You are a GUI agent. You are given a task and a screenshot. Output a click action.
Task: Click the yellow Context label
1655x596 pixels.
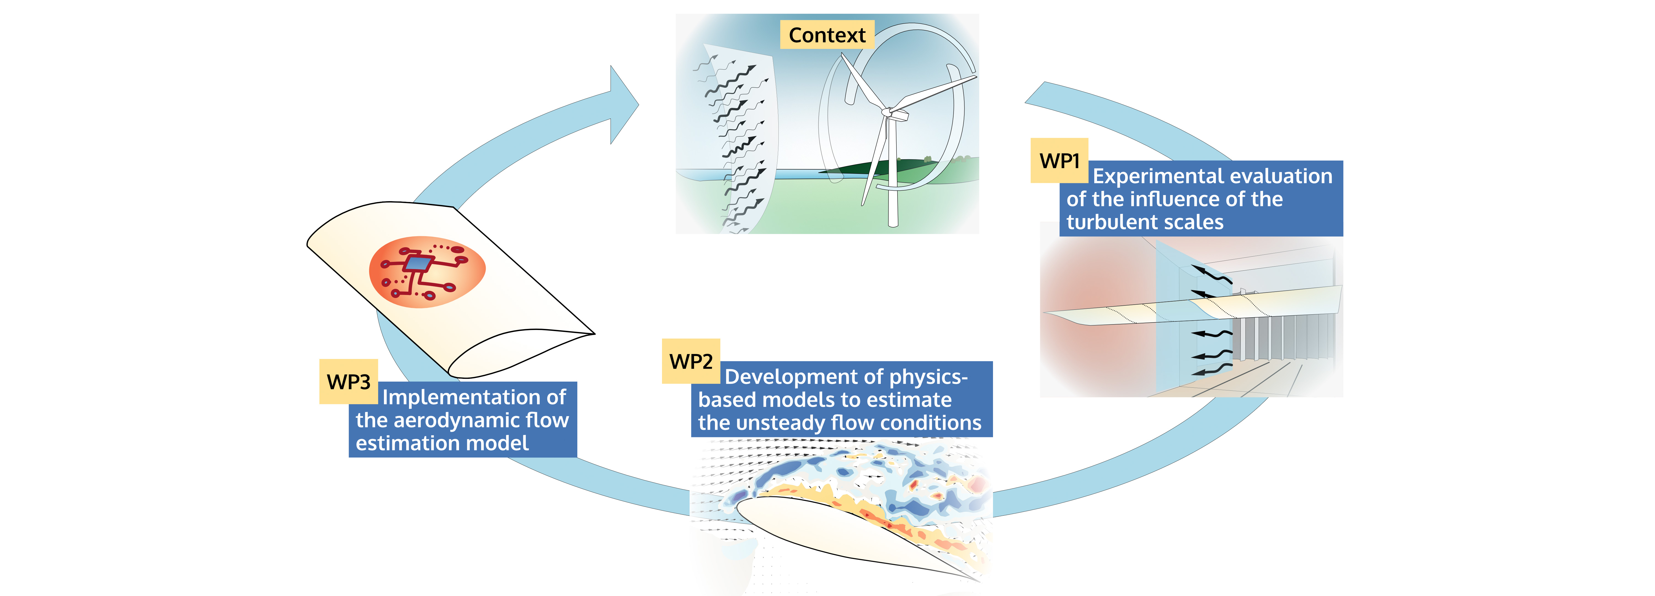pyautogui.click(x=827, y=35)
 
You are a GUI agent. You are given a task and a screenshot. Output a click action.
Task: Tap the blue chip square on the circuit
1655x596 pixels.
pyautogui.click(x=418, y=263)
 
